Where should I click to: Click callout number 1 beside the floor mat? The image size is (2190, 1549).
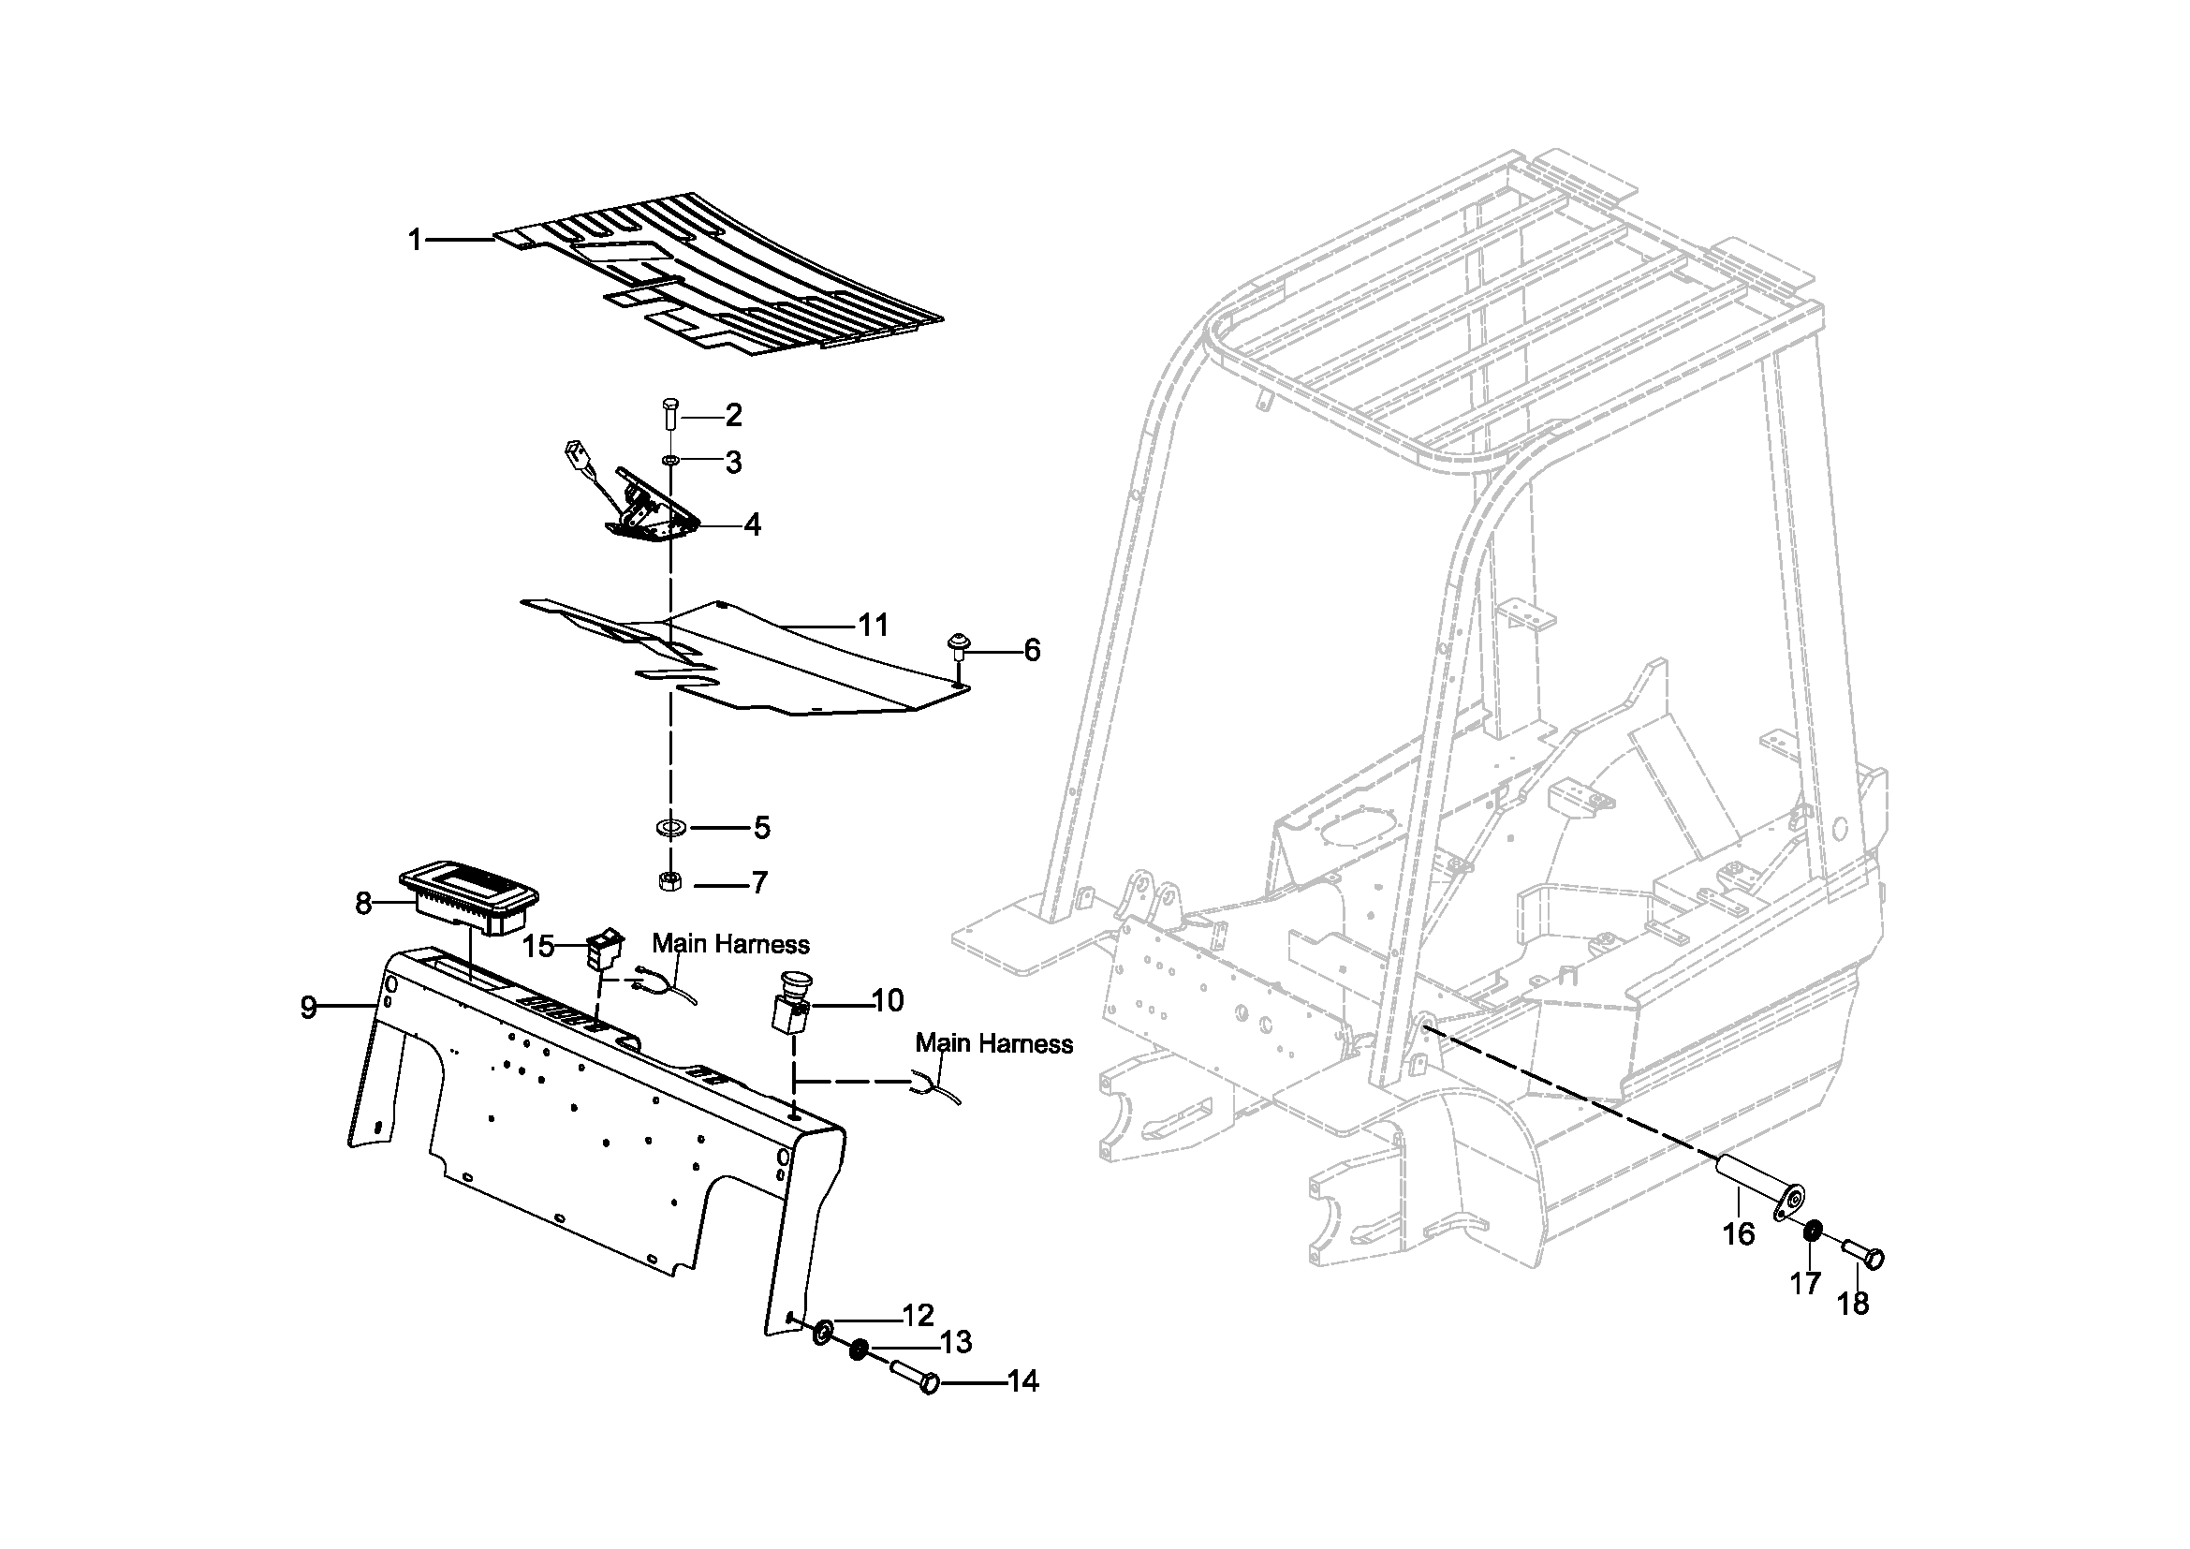click(x=415, y=240)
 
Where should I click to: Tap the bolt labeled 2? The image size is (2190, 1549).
click(x=670, y=416)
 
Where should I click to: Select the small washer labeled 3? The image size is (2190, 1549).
click(x=671, y=462)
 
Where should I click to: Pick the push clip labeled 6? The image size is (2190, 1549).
click(x=955, y=646)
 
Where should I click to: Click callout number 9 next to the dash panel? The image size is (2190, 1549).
click(x=308, y=1008)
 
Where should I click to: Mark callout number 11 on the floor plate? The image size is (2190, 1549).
click(x=873, y=626)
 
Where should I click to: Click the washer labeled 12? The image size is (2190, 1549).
click(x=823, y=1331)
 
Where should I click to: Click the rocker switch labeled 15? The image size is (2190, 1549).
click(x=605, y=950)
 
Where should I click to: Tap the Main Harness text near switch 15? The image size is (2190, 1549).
click(x=730, y=944)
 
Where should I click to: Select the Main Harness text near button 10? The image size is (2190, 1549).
click(x=994, y=1043)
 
